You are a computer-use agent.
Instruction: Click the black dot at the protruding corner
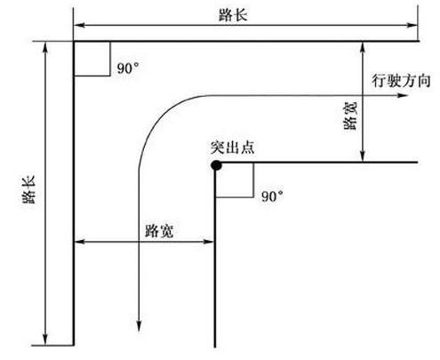point(216,165)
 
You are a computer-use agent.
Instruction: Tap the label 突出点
point(232,148)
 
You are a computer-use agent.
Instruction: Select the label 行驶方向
point(401,81)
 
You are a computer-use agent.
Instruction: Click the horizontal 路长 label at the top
point(233,15)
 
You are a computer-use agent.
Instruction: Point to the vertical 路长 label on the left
point(29,189)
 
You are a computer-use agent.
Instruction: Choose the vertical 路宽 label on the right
point(350,116)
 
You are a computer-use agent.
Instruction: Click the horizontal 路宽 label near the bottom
point(159,230)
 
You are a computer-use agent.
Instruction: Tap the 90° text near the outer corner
point(128,68)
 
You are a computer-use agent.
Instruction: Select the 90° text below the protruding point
point(272,196)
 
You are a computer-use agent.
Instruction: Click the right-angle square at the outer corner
point(92,59)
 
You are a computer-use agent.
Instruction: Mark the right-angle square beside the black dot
point(235,180)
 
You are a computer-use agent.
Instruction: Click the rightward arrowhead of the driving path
point(403,95)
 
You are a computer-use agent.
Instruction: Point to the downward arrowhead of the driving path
point(139,325)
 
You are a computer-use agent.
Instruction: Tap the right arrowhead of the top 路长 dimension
point(412,25)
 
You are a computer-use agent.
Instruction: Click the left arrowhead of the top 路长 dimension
point(79,25)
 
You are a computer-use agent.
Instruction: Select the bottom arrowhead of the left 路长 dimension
point(45,340)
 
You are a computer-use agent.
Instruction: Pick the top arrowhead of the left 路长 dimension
point(45,48)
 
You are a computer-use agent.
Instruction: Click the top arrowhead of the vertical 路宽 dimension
point(363,47)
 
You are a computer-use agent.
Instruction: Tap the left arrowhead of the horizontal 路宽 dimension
point(79,242)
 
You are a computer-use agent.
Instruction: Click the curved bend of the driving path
point(159,116)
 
